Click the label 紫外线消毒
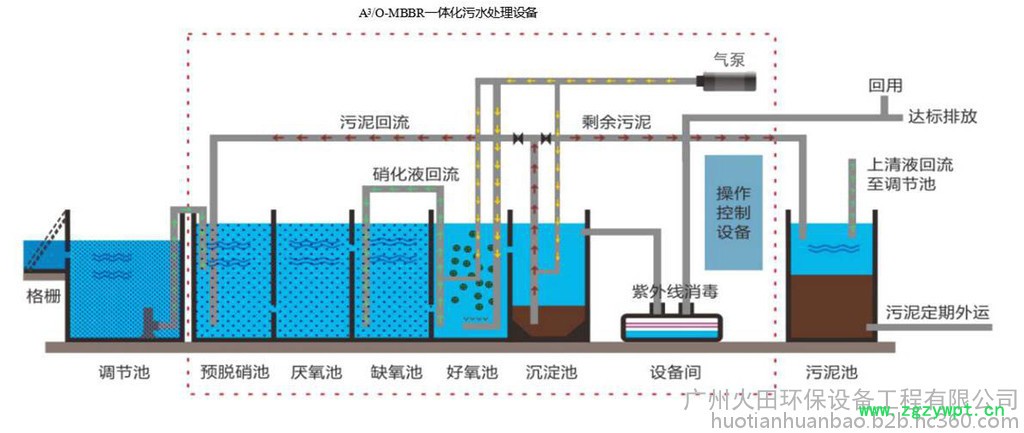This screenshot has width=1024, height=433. (673, 292)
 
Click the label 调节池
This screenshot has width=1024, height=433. (124, 373)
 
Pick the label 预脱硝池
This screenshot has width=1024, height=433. (236, 373)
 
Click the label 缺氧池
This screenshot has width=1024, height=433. (394, 373)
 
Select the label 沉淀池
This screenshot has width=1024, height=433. (551, 373)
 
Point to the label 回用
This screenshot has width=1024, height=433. (885, 85)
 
